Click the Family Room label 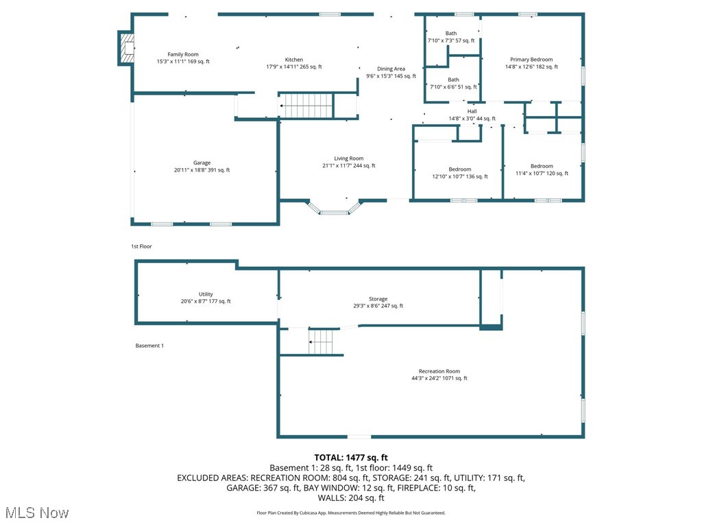[183, 54]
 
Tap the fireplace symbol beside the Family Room [126, 48]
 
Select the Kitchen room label [294, 60]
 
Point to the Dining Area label [391, 69]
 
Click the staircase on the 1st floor [306, 106]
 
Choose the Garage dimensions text [202, 170]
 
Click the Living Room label [349, 159]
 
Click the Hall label [472, 111]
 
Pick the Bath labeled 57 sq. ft [451, 34]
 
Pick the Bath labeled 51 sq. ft [453, 80]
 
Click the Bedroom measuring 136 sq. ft [460, 169]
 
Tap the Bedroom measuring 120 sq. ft [542, 166]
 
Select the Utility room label [206, 294]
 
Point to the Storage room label [378, 299]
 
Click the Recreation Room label [439, 371]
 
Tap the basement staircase [321, 341]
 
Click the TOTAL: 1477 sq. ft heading [351, 457]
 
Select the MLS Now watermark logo [37, 513]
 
